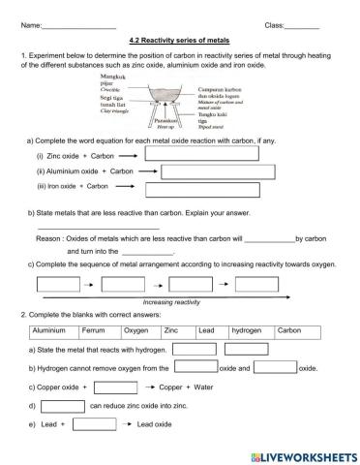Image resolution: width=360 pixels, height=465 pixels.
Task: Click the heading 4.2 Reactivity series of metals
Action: [x=180, y=41]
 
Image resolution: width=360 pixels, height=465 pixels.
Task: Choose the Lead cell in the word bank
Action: [x=206, y=331]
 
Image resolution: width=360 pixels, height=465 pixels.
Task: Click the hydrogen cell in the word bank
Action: [x=246, y=331]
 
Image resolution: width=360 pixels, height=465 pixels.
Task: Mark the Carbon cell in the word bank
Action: [x=290, y=331]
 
